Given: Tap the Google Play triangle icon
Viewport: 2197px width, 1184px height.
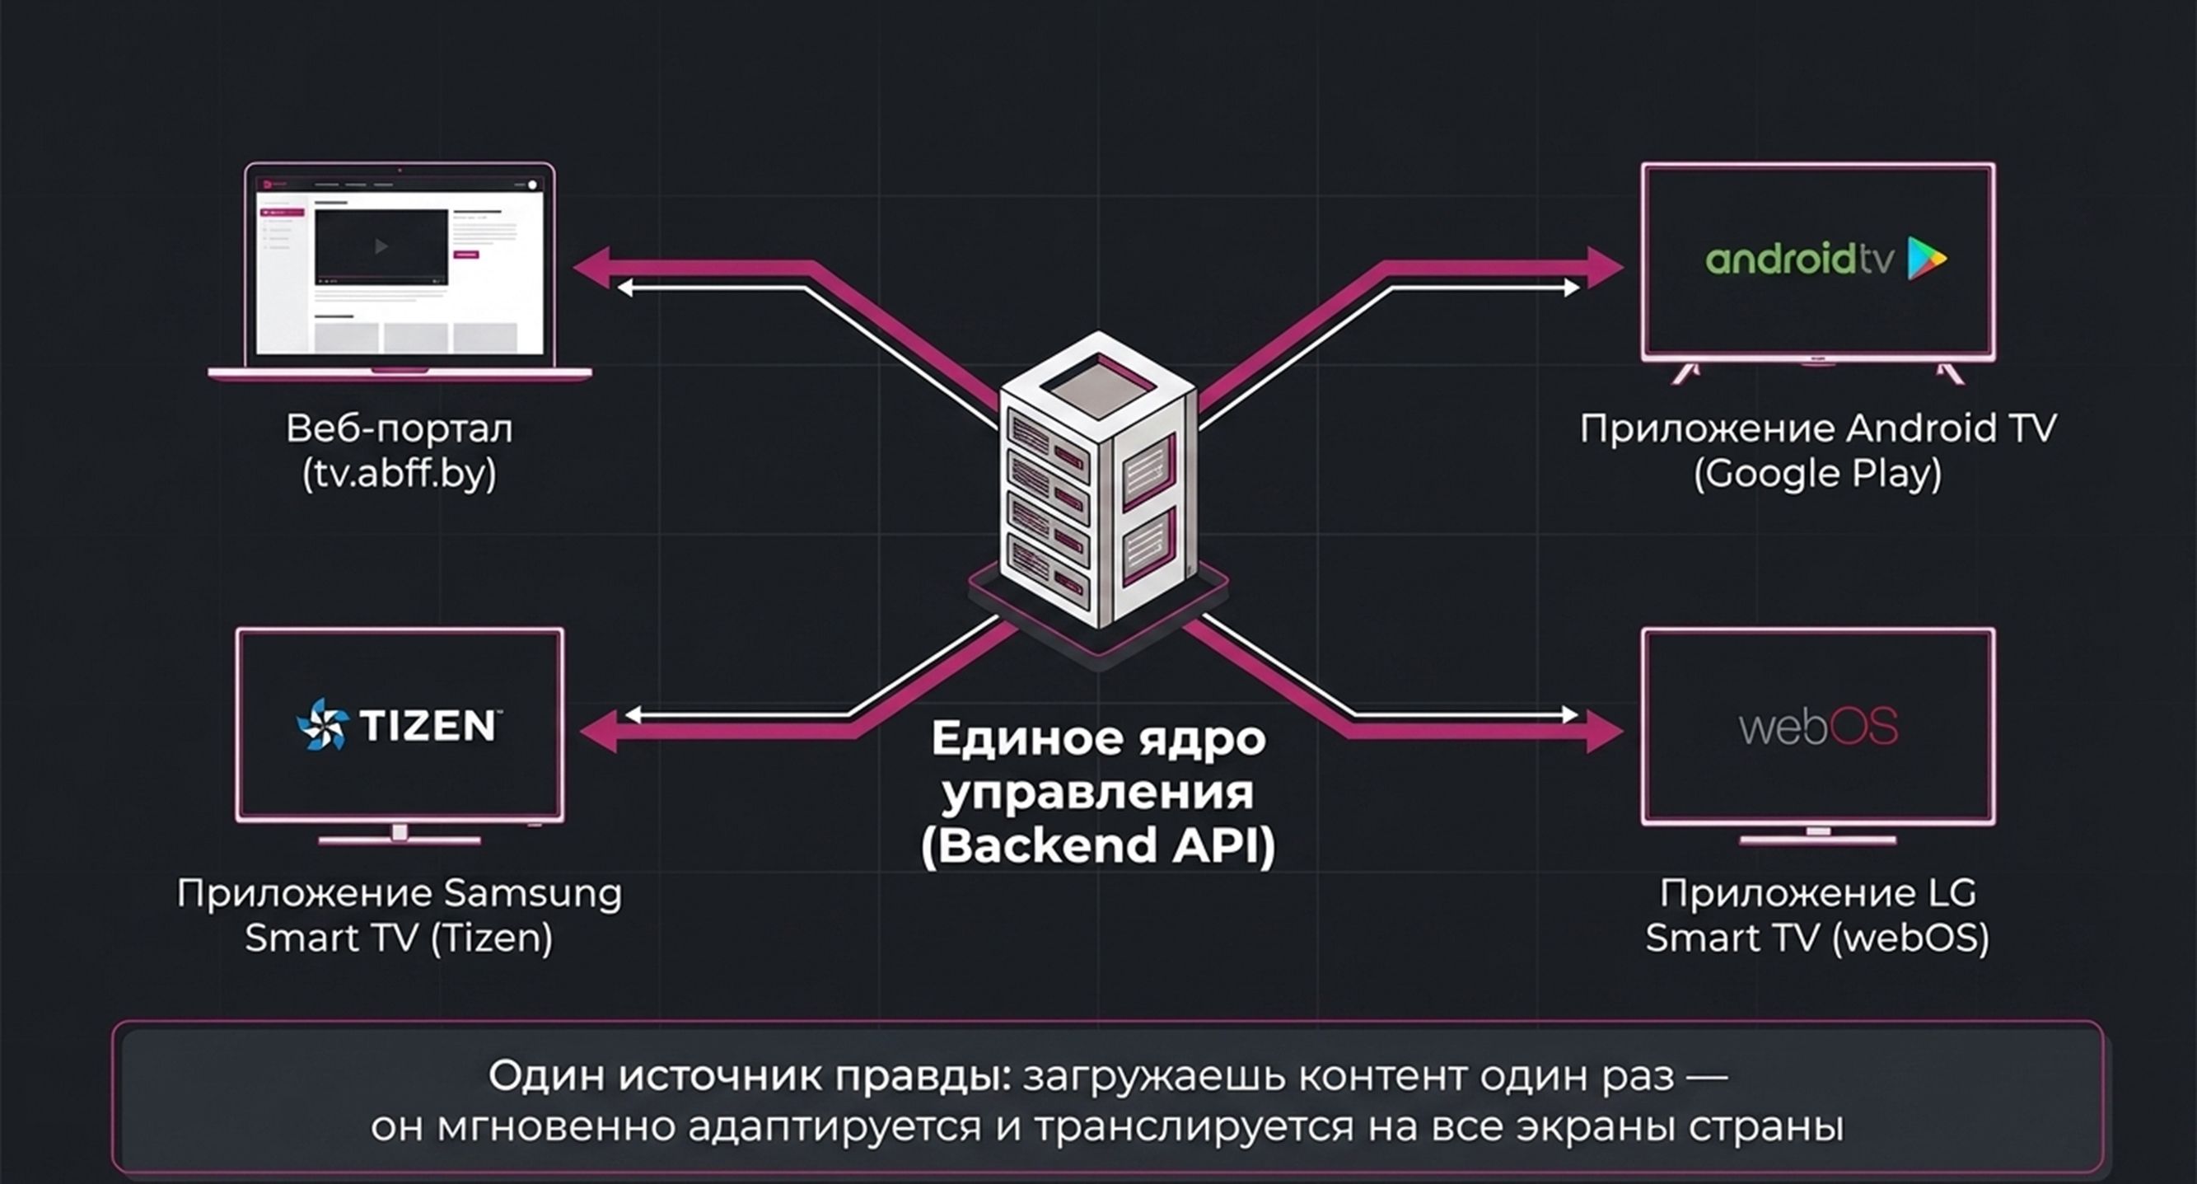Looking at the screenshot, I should coord(1927,258).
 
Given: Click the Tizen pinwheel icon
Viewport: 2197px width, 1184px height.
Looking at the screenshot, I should coord(321,724).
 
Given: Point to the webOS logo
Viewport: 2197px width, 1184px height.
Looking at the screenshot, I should coord(1818,727).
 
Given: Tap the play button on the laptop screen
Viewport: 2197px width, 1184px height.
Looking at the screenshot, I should coord(381,246).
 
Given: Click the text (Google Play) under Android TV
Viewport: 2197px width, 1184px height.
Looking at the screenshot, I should coord(1817,475).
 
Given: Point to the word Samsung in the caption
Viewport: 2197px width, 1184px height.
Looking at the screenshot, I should coord(533,893).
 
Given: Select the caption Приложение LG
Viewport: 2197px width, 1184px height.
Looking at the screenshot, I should coord(1817,893).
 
